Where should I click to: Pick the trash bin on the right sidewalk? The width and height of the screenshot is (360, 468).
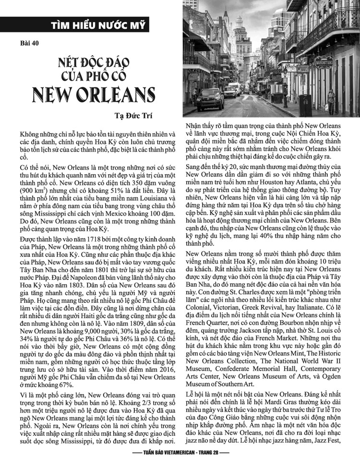click(x=303, y=102)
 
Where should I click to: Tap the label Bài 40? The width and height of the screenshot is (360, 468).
click(x=30, y=42)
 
